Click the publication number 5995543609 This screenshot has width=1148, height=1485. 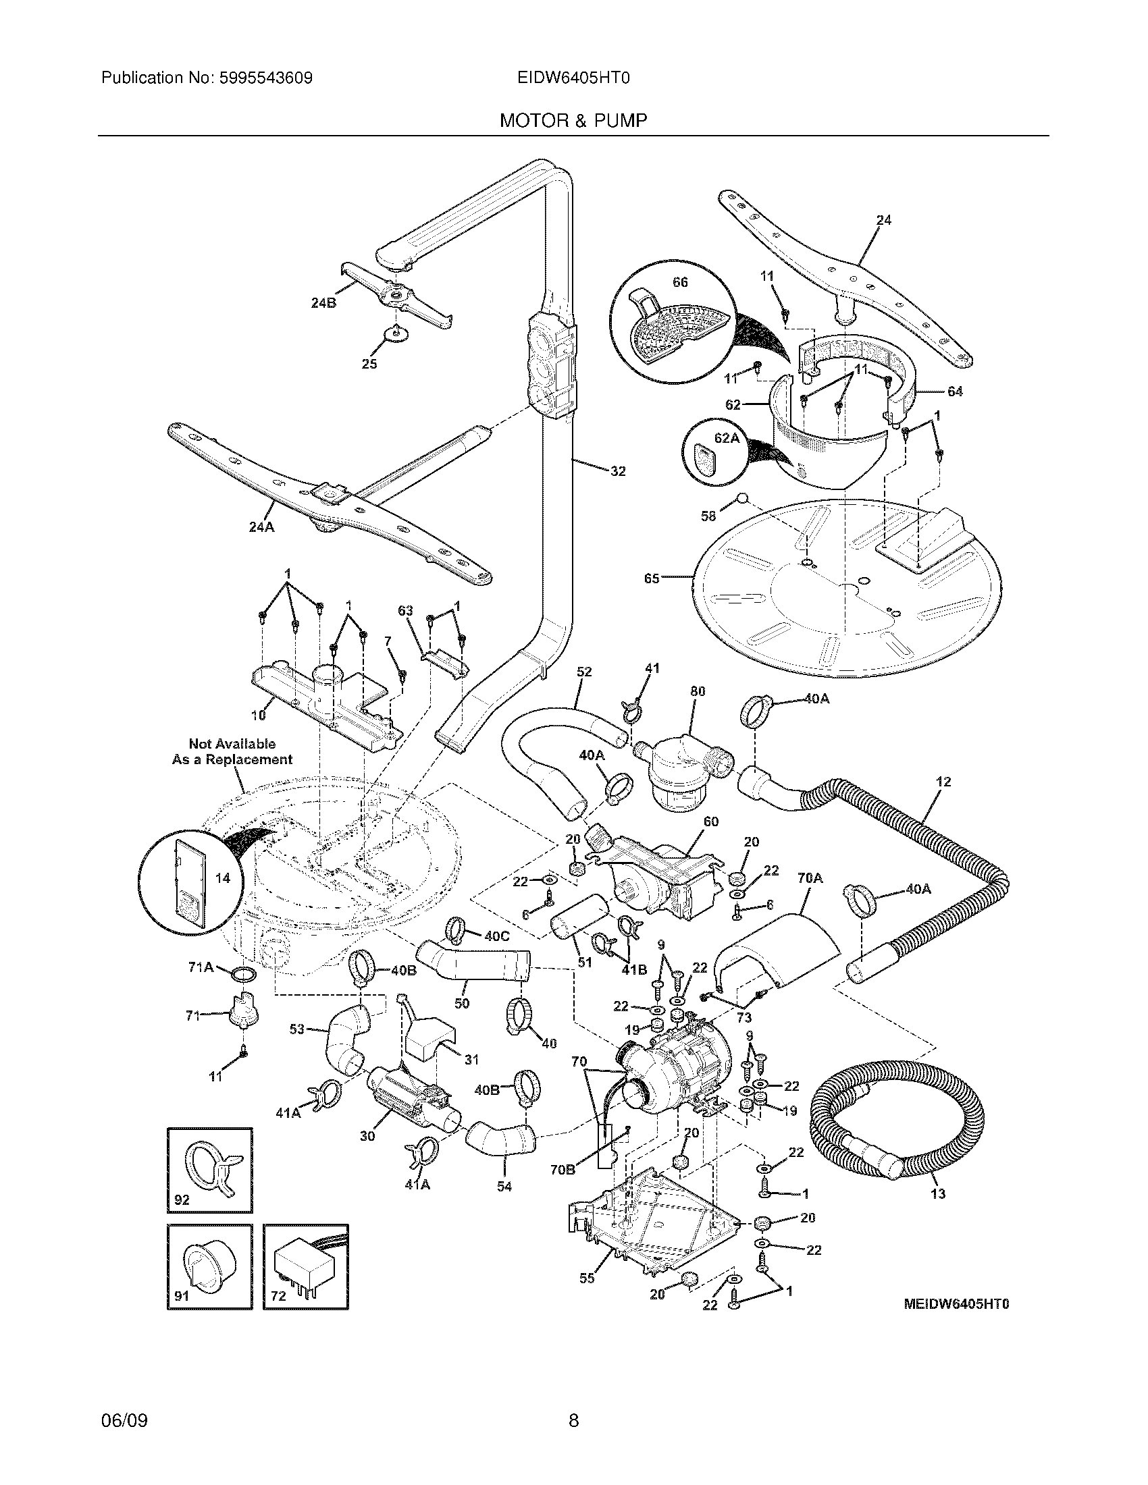(265, 78)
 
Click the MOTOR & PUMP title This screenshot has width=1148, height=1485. (573, 121)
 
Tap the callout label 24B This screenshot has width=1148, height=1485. (323, 303)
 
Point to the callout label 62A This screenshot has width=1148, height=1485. (726, 438)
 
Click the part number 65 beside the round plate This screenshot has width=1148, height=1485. (652, 579)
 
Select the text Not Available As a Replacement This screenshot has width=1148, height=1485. (232, 752)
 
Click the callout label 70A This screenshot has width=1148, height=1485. (809, 878)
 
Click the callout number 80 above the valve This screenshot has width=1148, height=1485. (697, 691)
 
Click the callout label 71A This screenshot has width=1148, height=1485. (201, 968)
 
